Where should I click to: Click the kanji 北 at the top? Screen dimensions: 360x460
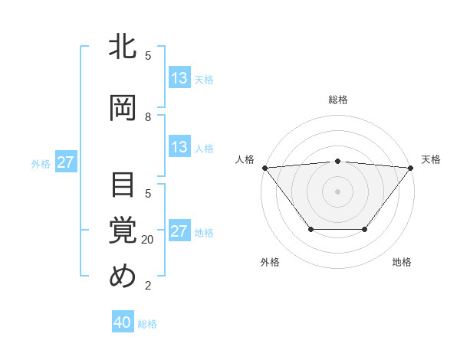click(123, 47)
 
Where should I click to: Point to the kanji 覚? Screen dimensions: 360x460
click(123, 230)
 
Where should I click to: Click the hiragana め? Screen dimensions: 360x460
click(123, 277)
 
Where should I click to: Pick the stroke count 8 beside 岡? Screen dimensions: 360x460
click(148, 117)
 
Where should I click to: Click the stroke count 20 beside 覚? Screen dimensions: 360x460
click(148, 240)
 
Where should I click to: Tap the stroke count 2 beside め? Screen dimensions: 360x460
click(148, 286)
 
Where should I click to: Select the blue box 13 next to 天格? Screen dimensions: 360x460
click(179, 78)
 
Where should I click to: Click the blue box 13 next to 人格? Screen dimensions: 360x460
click(179, 148)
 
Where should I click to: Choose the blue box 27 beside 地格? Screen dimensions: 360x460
click(179, 232)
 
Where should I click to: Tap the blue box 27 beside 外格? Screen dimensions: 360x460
click(66, 163)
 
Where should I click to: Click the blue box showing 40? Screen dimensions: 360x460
click(123, 323)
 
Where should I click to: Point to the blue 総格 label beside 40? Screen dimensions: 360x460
click(147, 324)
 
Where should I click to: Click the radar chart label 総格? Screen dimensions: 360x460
click(338, 100)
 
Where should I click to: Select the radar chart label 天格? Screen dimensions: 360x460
click(431, 159)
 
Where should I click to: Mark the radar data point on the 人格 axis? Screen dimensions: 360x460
click(264, 168)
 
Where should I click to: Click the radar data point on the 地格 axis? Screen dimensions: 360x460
click(365, 229)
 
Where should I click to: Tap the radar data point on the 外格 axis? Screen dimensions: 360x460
click(310, 229)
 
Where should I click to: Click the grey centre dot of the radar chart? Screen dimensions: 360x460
click(338, 191)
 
